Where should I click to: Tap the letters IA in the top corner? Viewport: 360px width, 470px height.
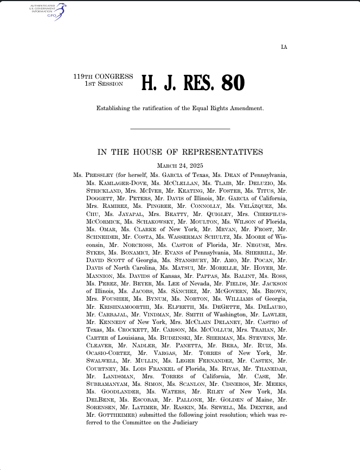click(284, 47)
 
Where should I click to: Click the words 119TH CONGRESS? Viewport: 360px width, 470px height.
click(103, 77)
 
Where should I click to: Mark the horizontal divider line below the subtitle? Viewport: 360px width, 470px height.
click(180, 129)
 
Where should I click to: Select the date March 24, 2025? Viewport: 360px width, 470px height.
click(180, 166)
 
